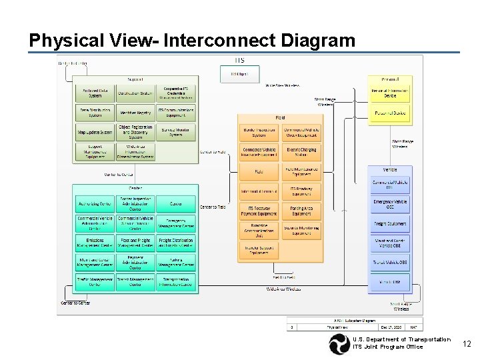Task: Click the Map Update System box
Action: click(95, 132)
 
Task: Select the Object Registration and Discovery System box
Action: click(135, 130)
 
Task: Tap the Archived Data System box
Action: click(95, 93)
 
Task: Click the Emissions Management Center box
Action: click(95, 243)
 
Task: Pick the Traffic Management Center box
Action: click(95, 282)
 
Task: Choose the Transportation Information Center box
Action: click(176, 282)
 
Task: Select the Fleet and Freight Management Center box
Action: click(135, 243)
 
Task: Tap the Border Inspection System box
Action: click(259, 132)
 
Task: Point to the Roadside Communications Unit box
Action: click(259, 231)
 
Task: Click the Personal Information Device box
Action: click(390, 93)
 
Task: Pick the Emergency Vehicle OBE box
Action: click(390, 204)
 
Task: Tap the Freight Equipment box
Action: click(390, 224)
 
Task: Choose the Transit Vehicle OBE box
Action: click(390, 263)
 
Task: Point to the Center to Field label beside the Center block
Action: click(213, 207)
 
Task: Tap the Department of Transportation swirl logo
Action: click(338, 344)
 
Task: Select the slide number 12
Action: click(467, 344)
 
